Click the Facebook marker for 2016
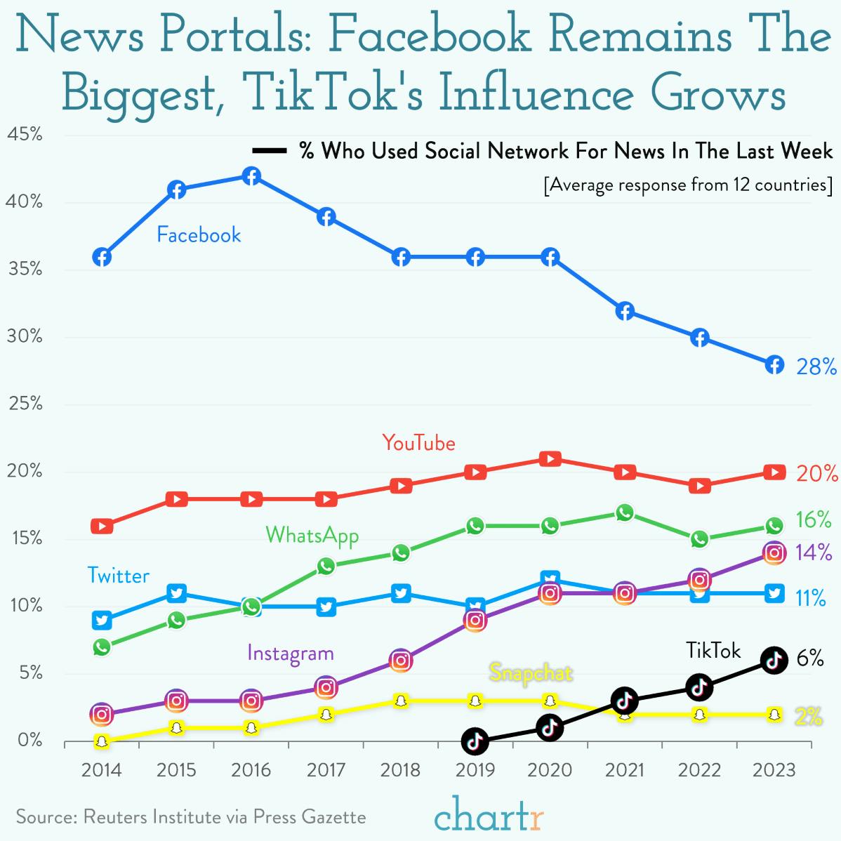[x=251, y=176]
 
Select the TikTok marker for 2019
[x=475, y=741]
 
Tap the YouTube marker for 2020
[x=550, y=458]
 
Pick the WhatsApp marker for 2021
[x=625, y=513]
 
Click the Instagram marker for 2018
[x=400, y=660]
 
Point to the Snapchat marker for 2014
[x=102, y=741]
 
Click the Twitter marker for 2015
[x=176, y=593]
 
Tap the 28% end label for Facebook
[x=816, y=366]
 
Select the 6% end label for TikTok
[x=809, y=658]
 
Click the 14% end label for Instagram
[x=814, y=552]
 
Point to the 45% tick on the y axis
[x=25, y=134]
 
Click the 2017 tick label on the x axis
[x=326, y=770]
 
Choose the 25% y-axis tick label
[x=25, y=404]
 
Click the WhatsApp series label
[x=312, y=536]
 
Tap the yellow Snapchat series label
[x=531, y=673]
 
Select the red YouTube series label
[x=418, y=443]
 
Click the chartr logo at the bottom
[x=489, y=814]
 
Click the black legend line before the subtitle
[x=269, y=151]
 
